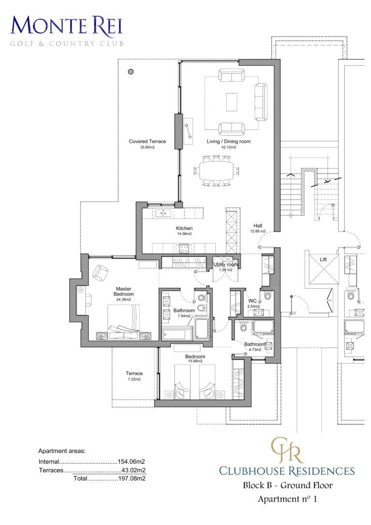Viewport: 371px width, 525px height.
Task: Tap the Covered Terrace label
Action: click(x=147, y=142)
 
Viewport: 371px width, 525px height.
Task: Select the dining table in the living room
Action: click(x=216, y=170)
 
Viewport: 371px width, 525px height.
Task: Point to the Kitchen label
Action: click(x=184, y=228)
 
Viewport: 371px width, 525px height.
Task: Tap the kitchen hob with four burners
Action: click(x=185, y=248)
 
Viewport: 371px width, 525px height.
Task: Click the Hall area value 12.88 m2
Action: click(x=258, y=232)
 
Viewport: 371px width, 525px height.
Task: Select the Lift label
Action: click(x=323, y=260)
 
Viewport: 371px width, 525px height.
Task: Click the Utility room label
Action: click(x=226, y=264)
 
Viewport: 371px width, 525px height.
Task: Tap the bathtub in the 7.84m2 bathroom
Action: click(x=177, y=334)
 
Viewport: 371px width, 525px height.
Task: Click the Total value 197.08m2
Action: click(x=132, y=479)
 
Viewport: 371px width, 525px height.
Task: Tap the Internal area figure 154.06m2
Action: click(x=132, y=462)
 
